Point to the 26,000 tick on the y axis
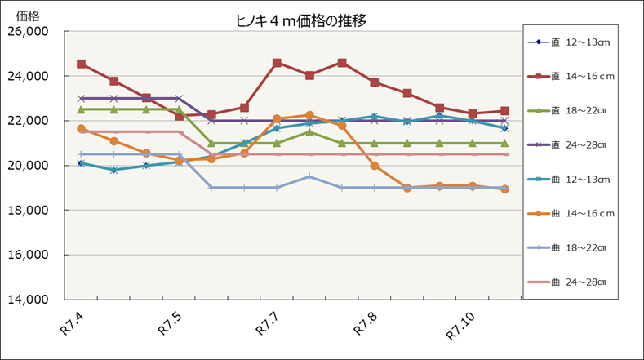pos(28,32)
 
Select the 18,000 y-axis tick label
pos(28,211)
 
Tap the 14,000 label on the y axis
pos(28,300)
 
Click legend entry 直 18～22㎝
pos(578,110)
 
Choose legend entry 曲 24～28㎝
pos(578,282)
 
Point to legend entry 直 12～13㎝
pos(578,42)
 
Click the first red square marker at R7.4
pos(82,64)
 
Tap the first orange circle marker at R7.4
pos(82,129)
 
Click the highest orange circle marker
pos(309,116)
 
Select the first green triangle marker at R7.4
pos(82,109)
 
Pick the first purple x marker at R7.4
pos(82,98)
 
